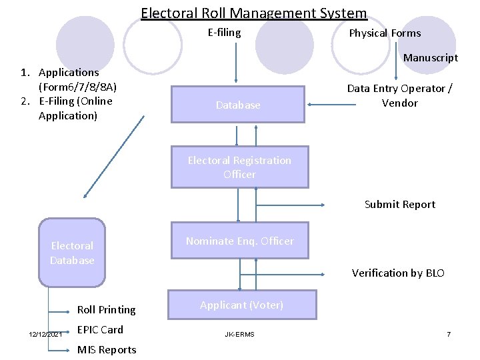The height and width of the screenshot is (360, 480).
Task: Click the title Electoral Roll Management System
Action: click(253, 13)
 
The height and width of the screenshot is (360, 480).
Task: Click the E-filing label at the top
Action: click(224, 32)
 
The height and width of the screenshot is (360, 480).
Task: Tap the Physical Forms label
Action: click(385, 33)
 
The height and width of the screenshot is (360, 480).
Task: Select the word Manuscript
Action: click(430, 57)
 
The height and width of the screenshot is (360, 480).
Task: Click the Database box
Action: click(238, 105)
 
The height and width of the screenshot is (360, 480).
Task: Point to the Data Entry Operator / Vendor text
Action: click(399, 95)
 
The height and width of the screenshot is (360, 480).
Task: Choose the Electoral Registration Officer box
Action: click(239, 167)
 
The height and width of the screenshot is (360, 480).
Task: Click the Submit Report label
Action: click(399, 204)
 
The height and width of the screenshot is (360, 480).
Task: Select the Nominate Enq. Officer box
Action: click(239, 241)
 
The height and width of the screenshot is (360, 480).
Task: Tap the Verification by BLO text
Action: click(397, 273)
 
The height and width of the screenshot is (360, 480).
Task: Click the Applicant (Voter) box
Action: click(241, 305)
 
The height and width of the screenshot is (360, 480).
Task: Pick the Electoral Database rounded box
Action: click(72, 253)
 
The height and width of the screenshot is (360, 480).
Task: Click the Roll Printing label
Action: click(106, 309)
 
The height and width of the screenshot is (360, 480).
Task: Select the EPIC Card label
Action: click(100, 329)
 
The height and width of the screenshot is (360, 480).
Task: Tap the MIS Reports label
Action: click(107, 349)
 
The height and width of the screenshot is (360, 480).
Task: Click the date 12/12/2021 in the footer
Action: click(45, 333)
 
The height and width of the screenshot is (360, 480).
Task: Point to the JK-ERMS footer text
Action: click(239, 333)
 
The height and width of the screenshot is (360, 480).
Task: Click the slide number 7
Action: click(449, 333)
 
